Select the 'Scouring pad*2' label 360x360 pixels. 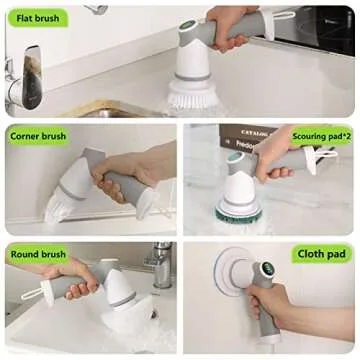coord(321,134)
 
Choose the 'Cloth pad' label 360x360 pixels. coord(321,254)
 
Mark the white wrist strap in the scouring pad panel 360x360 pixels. coord(325,156)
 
